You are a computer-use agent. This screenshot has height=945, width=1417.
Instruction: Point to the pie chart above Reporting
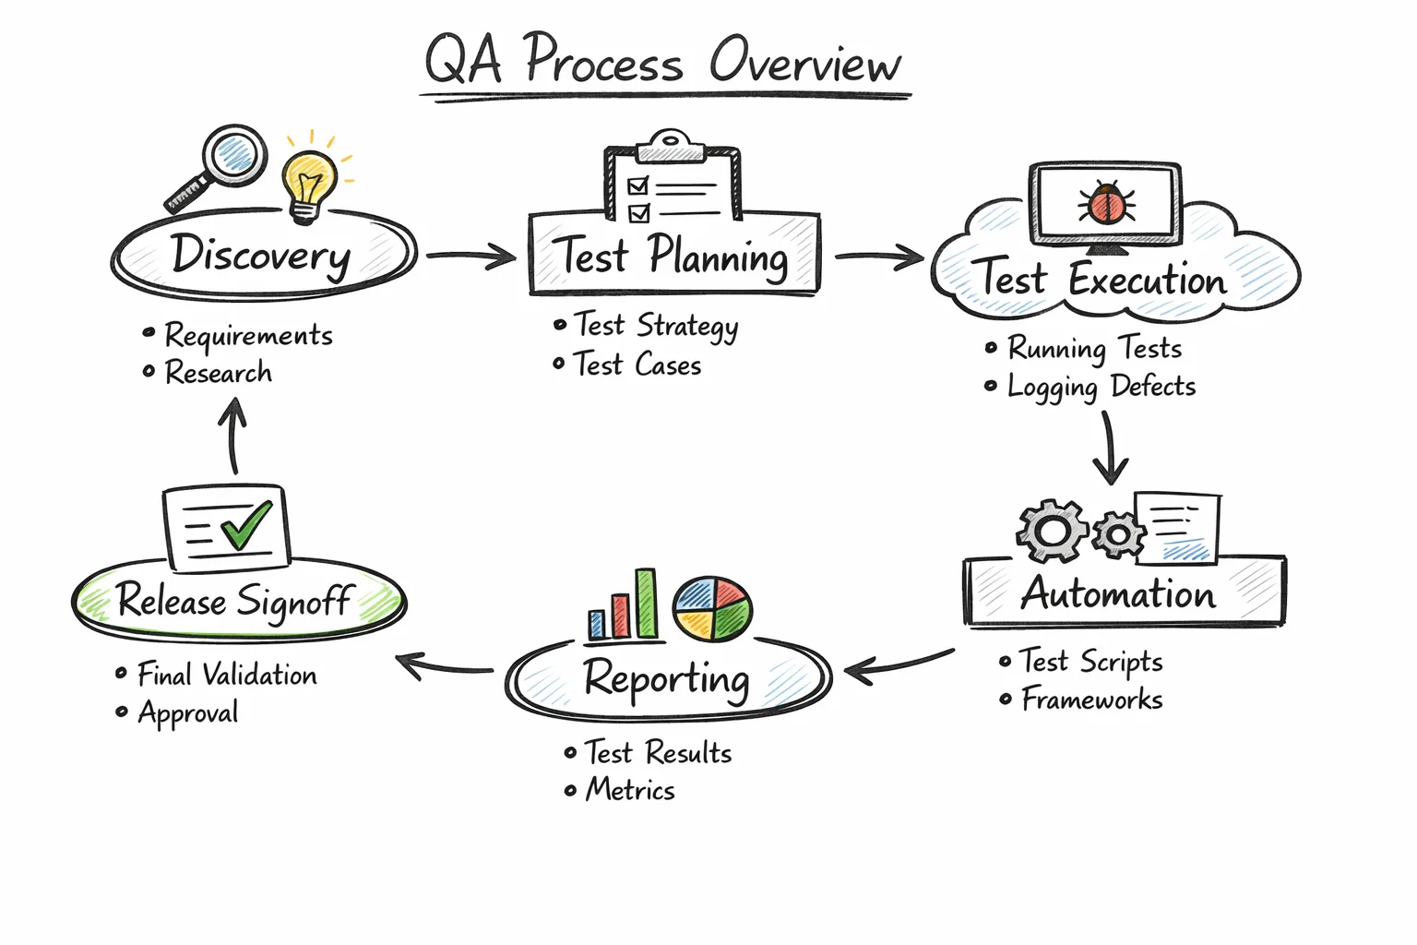[712, 609]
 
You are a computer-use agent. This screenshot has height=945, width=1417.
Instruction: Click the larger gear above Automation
[1053, 531]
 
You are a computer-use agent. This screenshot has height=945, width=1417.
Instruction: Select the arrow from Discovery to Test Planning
[470, 256]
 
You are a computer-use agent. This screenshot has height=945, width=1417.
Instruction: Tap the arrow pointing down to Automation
[1110, 449]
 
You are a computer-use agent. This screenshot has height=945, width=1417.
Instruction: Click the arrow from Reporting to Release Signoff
[444, 666]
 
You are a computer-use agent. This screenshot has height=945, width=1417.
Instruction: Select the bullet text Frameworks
[1091, 700]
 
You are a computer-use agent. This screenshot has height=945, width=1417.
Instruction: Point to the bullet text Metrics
[630, 790]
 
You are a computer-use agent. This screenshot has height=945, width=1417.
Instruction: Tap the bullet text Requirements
[248, 335]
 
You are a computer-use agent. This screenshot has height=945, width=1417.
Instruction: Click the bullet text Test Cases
[637, 365]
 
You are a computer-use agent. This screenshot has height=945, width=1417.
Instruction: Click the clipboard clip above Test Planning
[672, 147]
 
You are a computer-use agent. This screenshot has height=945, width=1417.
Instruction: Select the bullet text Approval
[188, 713]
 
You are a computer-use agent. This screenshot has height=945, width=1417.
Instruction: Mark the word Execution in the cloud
[1148, 280]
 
